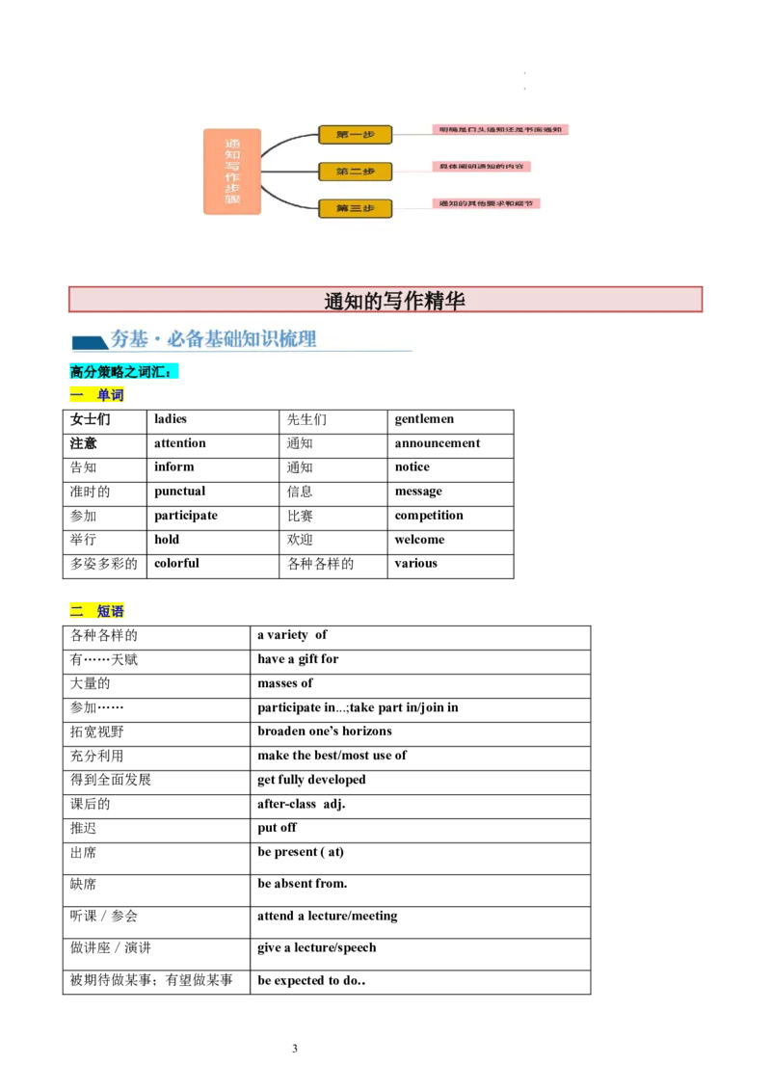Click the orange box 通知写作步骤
point(231,172)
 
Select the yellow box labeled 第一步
point(355,135)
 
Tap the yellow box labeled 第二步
point(355,172)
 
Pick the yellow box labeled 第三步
point(355,207)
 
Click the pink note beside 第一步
point(500,129)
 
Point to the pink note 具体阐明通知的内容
point(483,166)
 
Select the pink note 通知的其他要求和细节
point(486,202)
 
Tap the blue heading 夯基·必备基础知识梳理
point(213,339)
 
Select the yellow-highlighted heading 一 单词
point(98,396)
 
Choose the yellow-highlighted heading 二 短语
point(98,612)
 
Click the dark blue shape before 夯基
point(89,343)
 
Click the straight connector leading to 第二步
point(289,172)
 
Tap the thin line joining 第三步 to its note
point(412,206)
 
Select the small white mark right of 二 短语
point(277,621)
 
